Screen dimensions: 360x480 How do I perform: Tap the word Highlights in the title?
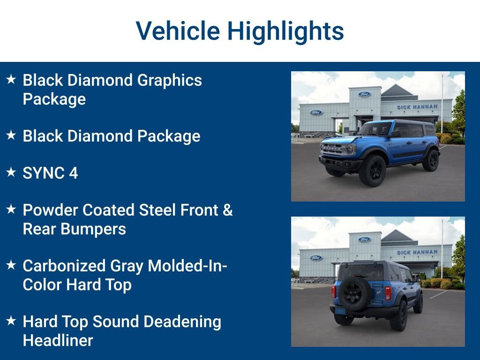tap(285, 31)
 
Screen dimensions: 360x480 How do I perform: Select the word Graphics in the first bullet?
tap(169, 80)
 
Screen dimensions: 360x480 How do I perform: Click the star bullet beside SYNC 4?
tap(11, 172)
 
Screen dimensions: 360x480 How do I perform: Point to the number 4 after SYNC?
tap(73, 173)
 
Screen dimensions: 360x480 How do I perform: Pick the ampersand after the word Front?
tap(227, 210)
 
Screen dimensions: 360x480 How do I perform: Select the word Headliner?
tap(58, 340)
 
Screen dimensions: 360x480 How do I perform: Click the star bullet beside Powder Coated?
tap(11, 210)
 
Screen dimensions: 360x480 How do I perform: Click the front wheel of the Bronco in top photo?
tap(373, 171)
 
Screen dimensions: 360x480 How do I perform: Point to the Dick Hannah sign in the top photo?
tap(417, 107)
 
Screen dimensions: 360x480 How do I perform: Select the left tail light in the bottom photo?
tap(334, 292)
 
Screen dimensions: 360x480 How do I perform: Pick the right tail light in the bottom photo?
tap(388, 293)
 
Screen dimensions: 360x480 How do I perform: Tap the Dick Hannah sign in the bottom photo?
tap(417, 252)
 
